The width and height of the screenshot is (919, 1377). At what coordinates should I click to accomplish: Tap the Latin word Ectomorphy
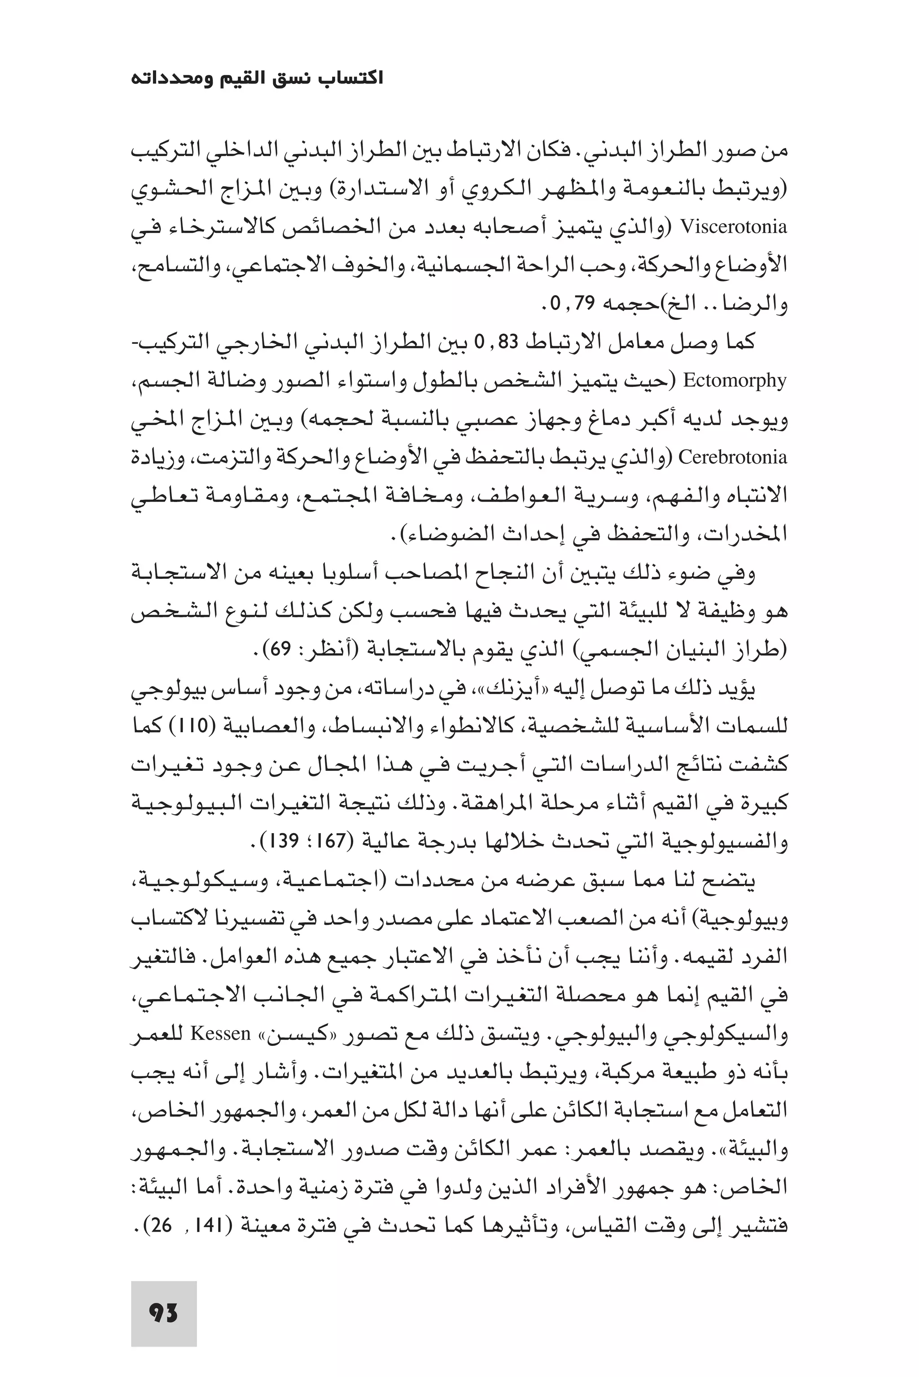pyautogui.click(x=735, y=381)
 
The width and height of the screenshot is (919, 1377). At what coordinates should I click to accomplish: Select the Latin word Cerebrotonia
pyautogui.click(x=733, y=457)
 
